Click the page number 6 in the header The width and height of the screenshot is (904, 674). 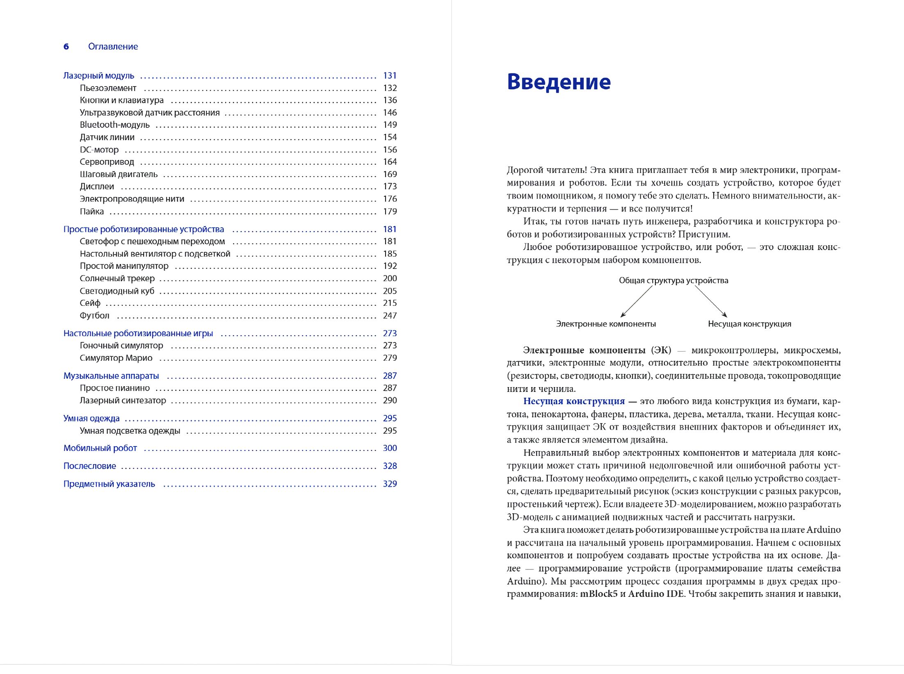(66, 47)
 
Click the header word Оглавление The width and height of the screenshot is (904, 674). (113, 47)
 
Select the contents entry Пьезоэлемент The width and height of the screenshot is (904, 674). (108, 88)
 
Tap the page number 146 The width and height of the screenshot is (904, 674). (390, 113)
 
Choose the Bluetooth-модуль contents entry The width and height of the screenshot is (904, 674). (114, 125)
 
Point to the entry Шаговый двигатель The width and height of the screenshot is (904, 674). (119, 174)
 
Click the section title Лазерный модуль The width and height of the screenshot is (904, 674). (98, 76)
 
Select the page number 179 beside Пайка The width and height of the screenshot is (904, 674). (390, 212)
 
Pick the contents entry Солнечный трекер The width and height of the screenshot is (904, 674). (117, 279)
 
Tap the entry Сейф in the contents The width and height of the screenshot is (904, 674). (90, 303)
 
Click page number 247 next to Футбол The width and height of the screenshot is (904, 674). (390, 316)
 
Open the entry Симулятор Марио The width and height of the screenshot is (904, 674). (116, 358)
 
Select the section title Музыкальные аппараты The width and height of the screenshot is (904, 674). (111, 376)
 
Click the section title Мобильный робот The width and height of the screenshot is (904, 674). (100, 449)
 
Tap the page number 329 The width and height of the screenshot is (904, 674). (390, 484)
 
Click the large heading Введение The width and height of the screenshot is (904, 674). (559, 82)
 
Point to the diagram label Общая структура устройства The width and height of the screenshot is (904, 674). (673, 281)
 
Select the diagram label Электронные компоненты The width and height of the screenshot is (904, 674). (606, 324)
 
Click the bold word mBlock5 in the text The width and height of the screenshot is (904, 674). (598, 594)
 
